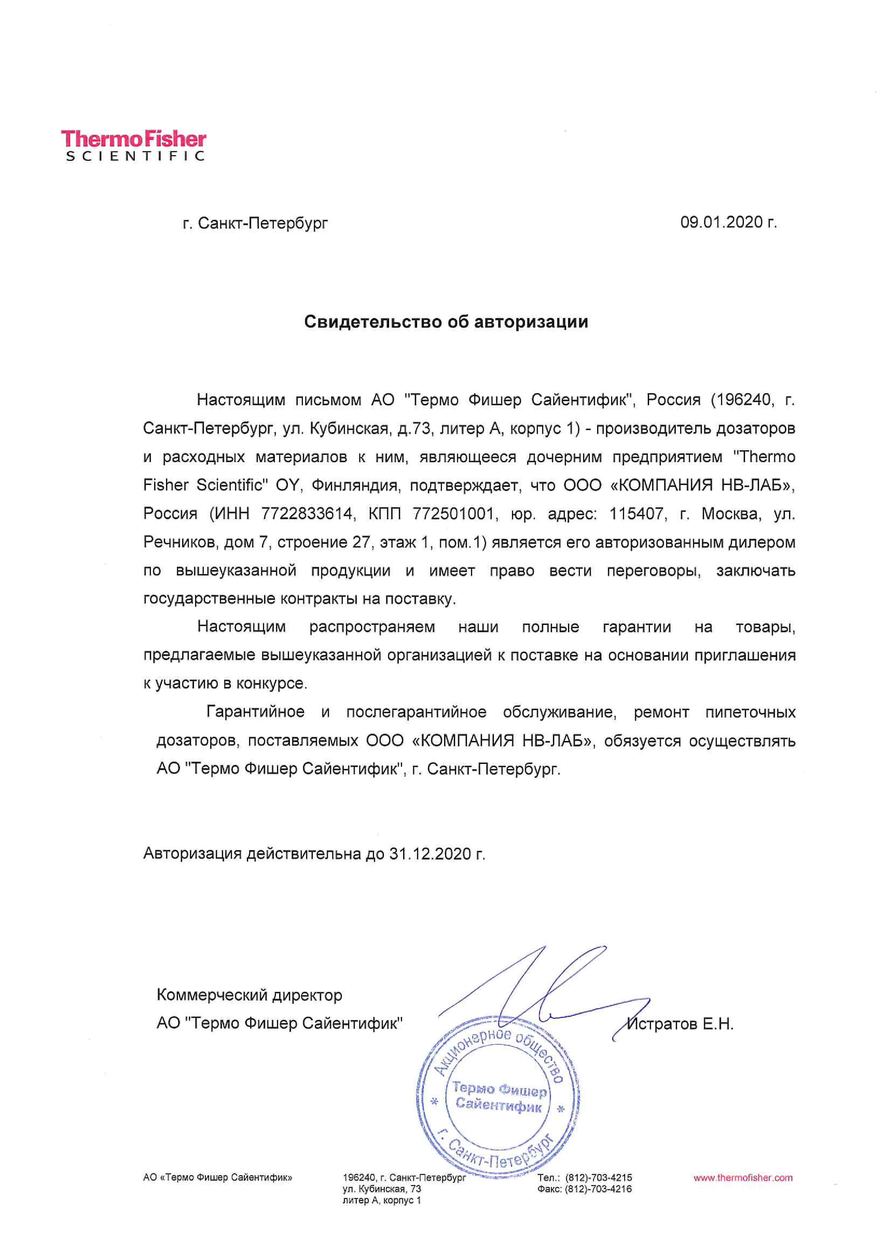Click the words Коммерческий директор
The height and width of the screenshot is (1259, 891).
(250, 995)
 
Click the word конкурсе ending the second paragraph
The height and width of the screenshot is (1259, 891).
(272, 684)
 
